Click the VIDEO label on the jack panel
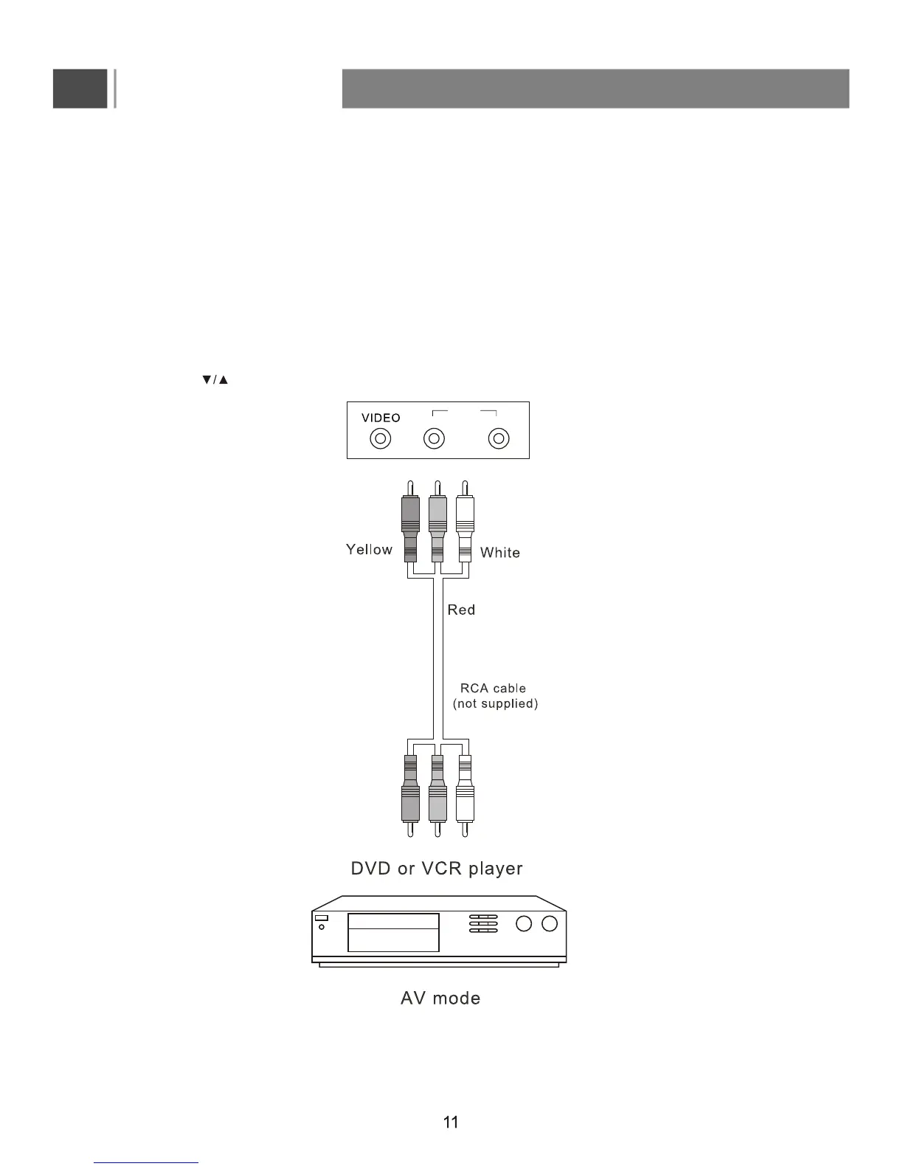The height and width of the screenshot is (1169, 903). click(x=381, y=418)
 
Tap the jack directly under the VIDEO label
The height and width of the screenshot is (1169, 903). click(x=381, y=439)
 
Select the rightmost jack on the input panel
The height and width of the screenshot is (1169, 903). click(x=499, y=439)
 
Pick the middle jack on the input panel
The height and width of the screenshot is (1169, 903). click(x=434, y=439)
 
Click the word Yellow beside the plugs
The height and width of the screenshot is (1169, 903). click(x=369, y=550)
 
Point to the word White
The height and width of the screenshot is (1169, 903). click(x=500, y=553)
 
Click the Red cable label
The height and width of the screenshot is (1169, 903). click(x=461, y=610)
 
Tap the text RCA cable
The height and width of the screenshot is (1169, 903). click(x=493, y=689)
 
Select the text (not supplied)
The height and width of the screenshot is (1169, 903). click(x=495, y=704)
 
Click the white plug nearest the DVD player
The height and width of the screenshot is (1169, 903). click(x=465, y=801)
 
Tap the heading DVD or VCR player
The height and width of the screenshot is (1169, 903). click(x=437, y=869)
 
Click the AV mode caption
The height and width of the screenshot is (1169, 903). click(x=440, y=999)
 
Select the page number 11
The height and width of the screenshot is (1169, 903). click(x=451, y=1123)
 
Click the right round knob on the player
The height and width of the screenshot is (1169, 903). click(x=550, y=924)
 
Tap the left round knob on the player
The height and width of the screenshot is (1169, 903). click(x=524, y=924)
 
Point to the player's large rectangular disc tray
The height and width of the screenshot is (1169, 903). click(x=393, y=932)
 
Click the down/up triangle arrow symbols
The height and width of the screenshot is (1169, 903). click(x=215, y=380)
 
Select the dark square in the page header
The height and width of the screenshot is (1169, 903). click(x=80, y=89)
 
